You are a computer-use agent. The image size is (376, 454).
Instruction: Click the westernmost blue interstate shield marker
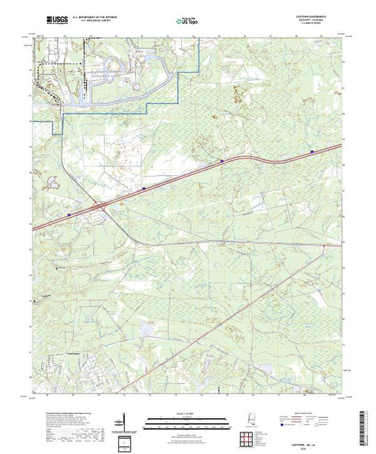(69, 214)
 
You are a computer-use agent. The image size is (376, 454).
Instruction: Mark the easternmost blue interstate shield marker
(312, 151)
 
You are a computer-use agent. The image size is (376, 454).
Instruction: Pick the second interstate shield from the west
(144, 190)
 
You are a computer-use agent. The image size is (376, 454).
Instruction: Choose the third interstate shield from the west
(222, 161)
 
